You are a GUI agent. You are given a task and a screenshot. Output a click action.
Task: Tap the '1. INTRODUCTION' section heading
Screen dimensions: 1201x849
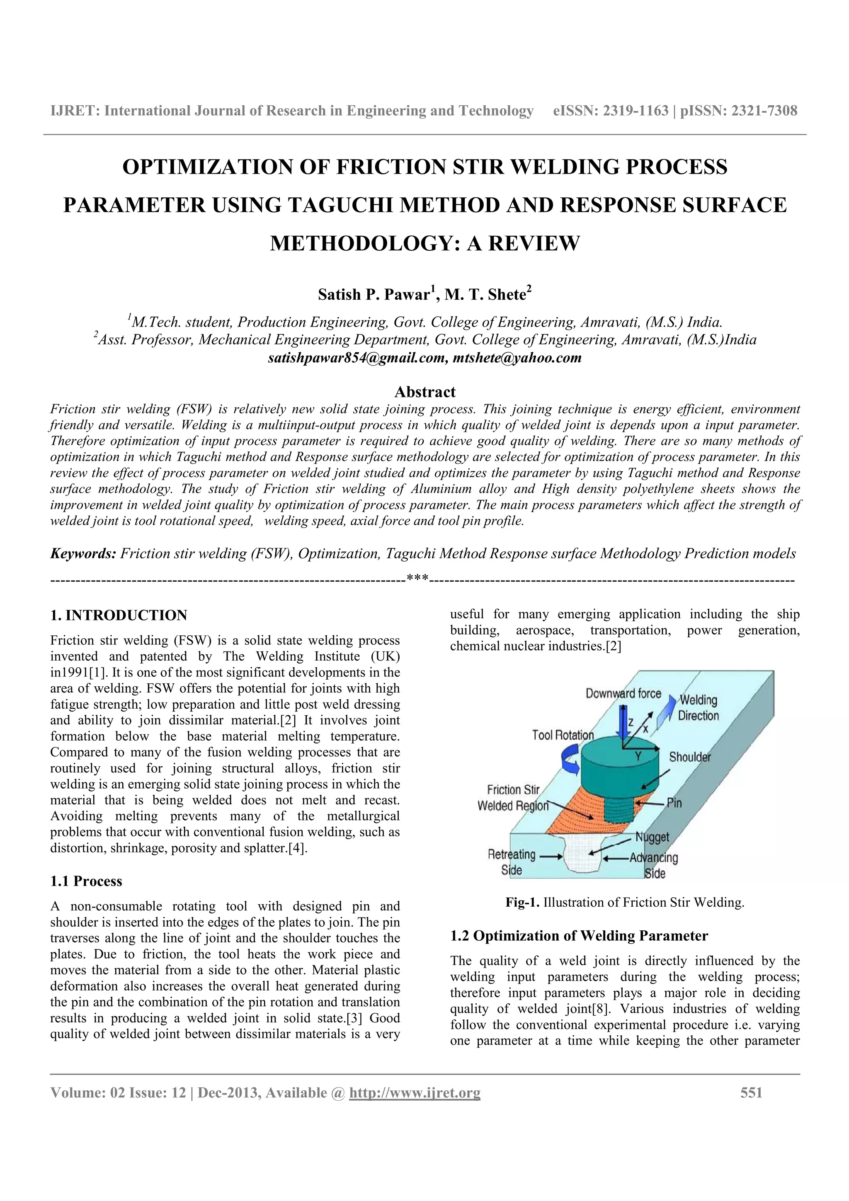click(119, 615)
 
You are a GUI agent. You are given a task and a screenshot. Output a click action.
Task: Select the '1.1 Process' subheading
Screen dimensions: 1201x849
click(86, 881)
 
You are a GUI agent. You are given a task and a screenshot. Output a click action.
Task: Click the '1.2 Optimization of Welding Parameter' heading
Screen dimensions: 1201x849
click(579, 936)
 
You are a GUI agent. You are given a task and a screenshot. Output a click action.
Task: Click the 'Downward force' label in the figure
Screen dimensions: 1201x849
click(623, 694)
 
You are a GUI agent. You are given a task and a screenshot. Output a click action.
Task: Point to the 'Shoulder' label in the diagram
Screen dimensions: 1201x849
click(689, 757)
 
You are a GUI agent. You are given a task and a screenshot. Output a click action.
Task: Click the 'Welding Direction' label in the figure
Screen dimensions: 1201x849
click(699, 708)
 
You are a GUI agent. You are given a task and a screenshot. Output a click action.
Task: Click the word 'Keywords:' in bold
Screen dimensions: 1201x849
click(83, 553)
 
